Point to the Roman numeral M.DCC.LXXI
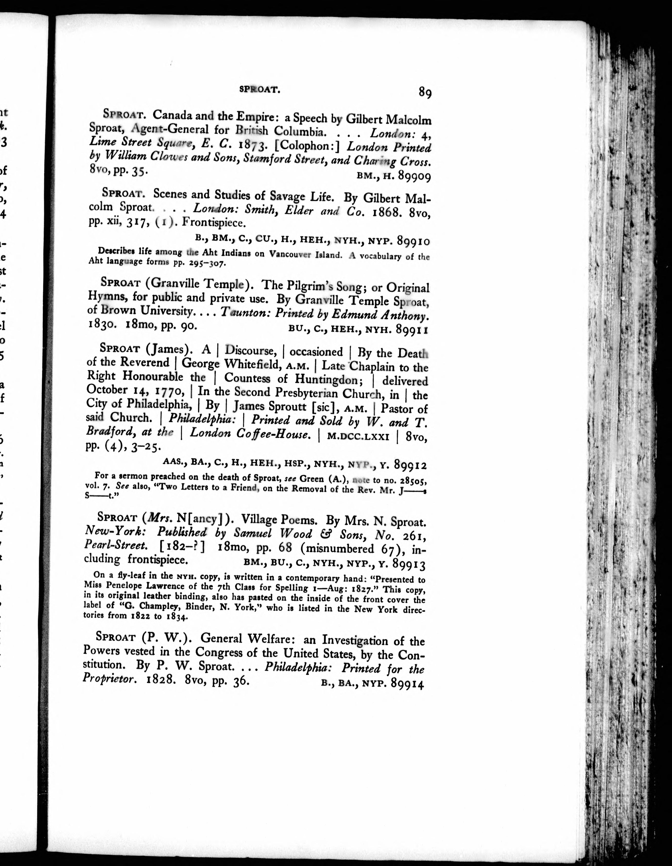358,436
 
